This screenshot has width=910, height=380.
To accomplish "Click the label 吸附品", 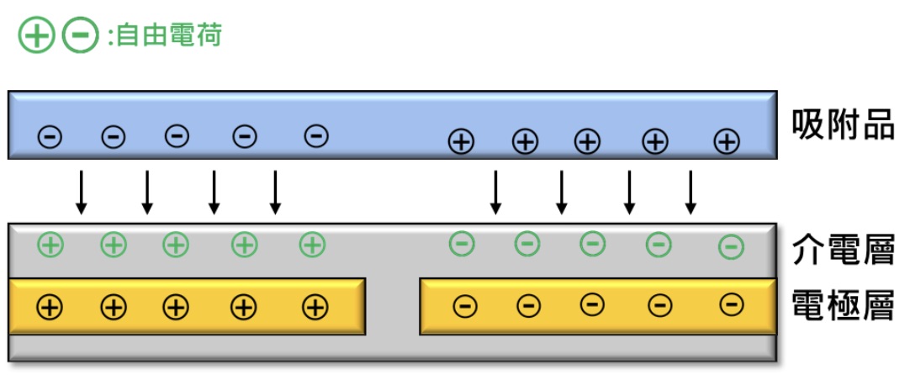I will [843, 126].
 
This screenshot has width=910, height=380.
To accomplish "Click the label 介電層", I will [843, 251].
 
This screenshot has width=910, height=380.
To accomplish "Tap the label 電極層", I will [843, 305].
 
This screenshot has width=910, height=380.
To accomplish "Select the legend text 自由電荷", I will [169, 36].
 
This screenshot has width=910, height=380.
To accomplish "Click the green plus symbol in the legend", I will [37, 36].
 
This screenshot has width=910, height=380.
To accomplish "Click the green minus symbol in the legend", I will [81, 36].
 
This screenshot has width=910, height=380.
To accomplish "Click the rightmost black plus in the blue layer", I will [727, 141].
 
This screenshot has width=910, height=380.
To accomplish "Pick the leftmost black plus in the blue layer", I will [460, 141].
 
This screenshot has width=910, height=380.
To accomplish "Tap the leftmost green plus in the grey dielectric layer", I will [50, 245].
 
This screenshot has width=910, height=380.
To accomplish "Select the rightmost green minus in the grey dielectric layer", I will [732, 247].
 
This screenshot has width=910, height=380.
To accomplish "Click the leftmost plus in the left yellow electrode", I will [50, 307].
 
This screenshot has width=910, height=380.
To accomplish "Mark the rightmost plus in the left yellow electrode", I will [315, 307].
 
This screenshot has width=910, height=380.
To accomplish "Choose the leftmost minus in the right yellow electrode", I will [464, 307].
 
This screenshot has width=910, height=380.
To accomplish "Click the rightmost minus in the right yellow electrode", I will [732, 305].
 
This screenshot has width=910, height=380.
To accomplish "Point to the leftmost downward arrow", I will [81, 193].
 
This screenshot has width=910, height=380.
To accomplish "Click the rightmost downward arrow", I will [690, 193].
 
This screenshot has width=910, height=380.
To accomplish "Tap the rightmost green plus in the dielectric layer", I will [312, 245].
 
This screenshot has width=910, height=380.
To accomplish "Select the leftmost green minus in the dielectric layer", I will [462, 245].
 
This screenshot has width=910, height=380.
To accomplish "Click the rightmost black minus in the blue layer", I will [315, 135].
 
